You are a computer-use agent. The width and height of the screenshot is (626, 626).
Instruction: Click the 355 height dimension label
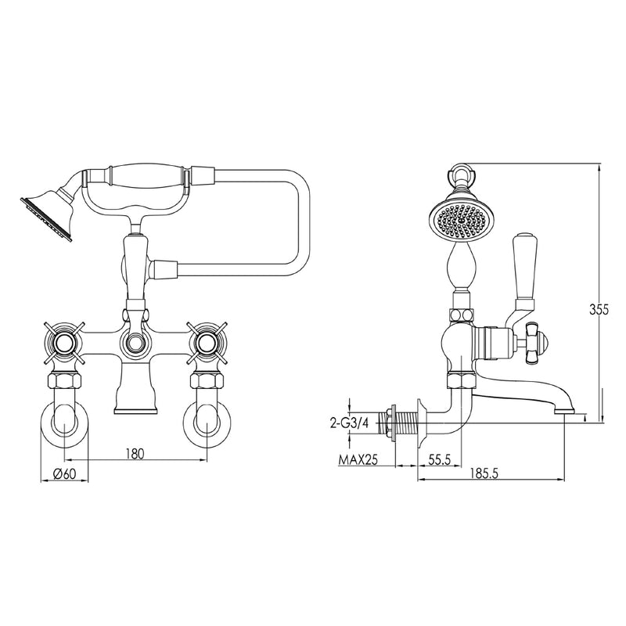599,309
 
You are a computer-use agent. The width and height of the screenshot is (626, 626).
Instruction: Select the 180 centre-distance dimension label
135,453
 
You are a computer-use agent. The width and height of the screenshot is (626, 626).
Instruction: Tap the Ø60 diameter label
64,474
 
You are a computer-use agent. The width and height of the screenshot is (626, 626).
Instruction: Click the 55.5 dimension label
439,459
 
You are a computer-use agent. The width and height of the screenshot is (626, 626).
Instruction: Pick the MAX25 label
358,460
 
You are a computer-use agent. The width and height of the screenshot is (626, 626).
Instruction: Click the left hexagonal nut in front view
64,380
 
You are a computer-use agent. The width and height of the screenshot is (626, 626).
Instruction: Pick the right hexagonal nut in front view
207,380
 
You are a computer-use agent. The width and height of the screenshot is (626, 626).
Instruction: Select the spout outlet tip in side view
563,409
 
